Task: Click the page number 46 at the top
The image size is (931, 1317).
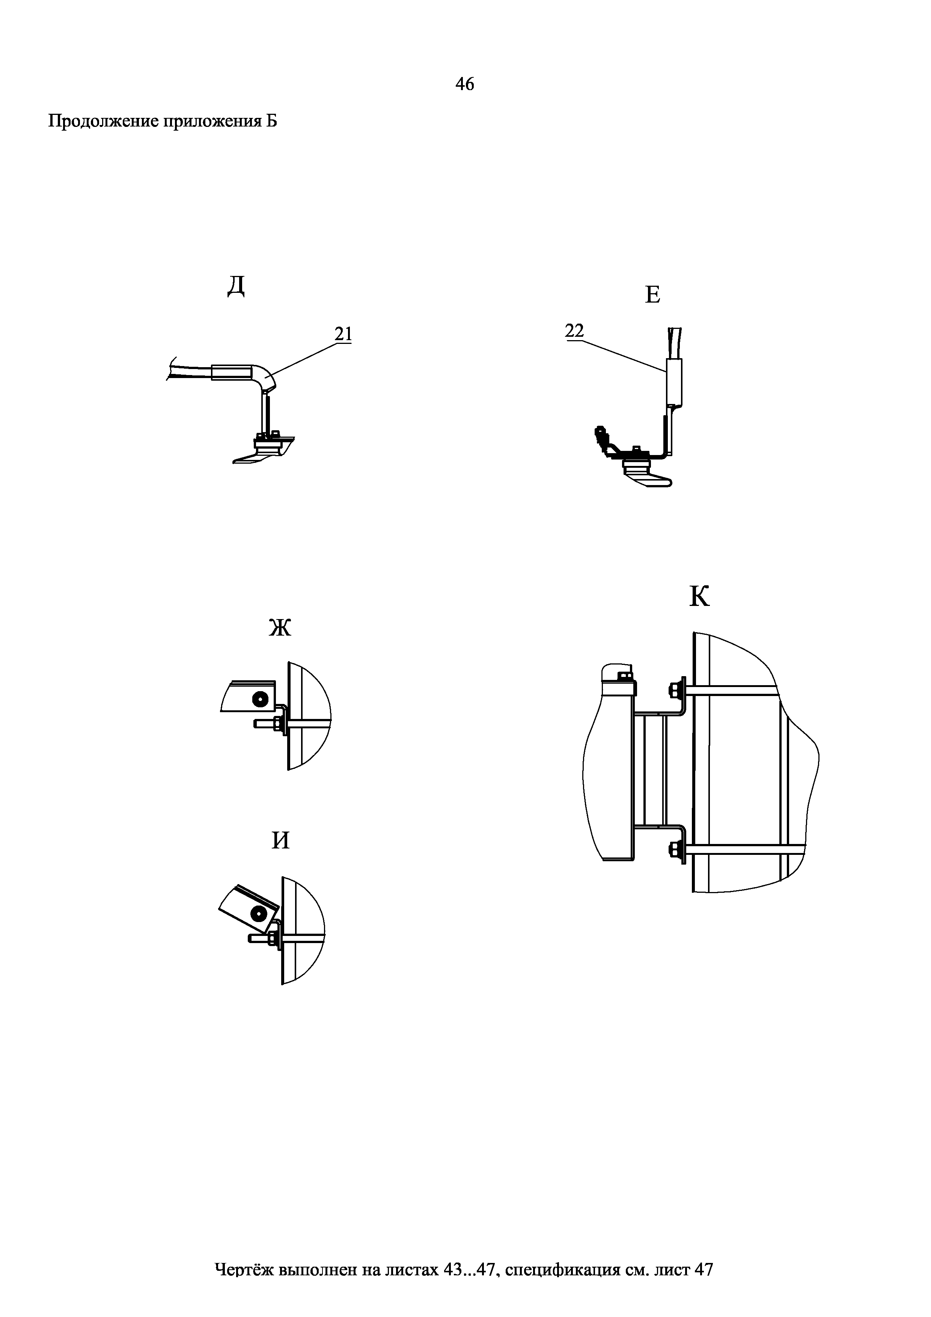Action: click(x=465, y=84)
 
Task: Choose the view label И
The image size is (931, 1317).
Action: click(x=280, y=840)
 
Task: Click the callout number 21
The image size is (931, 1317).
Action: click(x=343, y=334)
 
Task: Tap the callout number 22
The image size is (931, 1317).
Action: click(x=574, y=331)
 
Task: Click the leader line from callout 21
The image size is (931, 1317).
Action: click(x=304, y=359)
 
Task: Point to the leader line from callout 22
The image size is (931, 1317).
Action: click(x=624, y=357)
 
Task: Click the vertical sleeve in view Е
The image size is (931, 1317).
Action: click(x=674, y=381)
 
